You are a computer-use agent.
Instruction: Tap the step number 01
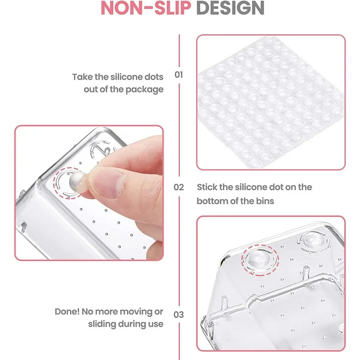179,75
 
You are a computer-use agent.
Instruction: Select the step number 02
179,187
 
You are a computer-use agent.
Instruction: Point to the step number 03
179,315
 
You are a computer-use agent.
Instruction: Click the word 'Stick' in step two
208,187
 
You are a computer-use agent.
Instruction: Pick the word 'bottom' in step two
212,201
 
